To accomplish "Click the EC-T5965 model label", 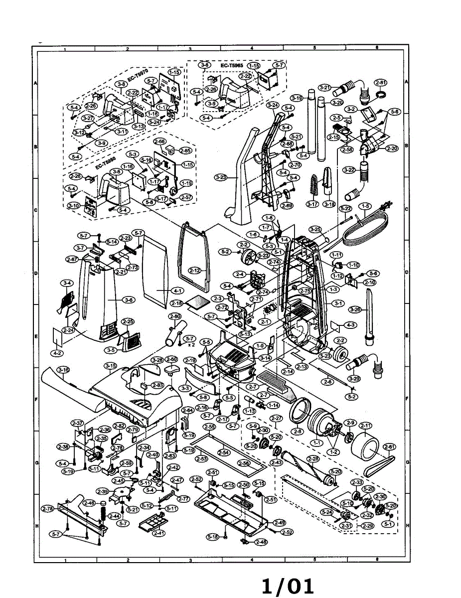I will pos(231,65).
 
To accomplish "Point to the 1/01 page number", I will pos(289,586).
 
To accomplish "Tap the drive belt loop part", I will pos(381,466).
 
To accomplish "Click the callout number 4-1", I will pos(177,290).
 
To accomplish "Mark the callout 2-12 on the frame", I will pos(195,271).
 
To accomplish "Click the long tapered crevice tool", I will pos(370,316).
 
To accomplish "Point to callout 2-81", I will pos(381,82).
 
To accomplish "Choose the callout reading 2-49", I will pos(279,523).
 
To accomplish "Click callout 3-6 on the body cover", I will pos(129,300).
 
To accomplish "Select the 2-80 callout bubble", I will pos(174,316).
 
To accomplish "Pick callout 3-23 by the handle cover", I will pos(221,177).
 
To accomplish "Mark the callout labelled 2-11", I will pos(366,426).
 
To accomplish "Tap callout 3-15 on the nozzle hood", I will pos(111,366).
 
